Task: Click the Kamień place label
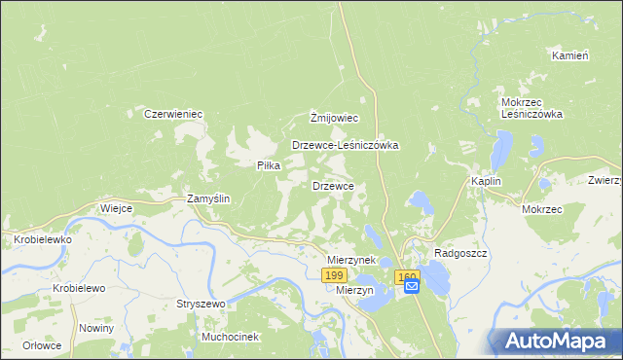click(570, 55)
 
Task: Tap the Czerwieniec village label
click(172, 114)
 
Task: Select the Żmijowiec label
click(334, 118)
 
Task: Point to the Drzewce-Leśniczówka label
click(346, 145)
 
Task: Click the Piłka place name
click(268, 165)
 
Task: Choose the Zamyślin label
click(207, 198)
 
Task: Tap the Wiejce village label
click(116, 208)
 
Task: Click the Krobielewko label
click(38, 238)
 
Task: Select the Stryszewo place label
click(200, 304)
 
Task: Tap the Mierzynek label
click(351, 261)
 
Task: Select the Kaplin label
click(486, 182)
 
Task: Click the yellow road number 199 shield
click(332, 277)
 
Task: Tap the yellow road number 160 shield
click(407, 277)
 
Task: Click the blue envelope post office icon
click(411, 286)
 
